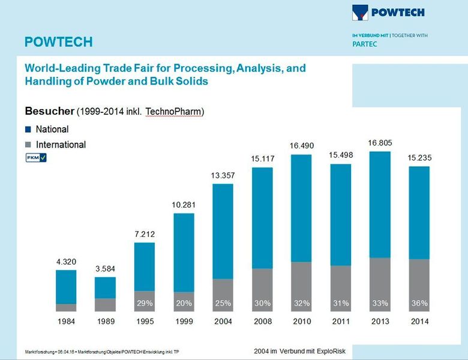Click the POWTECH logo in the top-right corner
pos(391,12)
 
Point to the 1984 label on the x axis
pos(66,322)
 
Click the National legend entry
pos(52,129)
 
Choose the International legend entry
pos(61,145)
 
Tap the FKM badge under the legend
pos(35,158)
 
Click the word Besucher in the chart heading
pos(49,111)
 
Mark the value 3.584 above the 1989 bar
pos(105,268)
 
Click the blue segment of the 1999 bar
pos(184,252)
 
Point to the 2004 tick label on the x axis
pos(223,322)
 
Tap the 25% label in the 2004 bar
pos(223,304)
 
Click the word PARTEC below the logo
pos(364,44)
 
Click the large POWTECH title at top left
pos(58,42)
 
